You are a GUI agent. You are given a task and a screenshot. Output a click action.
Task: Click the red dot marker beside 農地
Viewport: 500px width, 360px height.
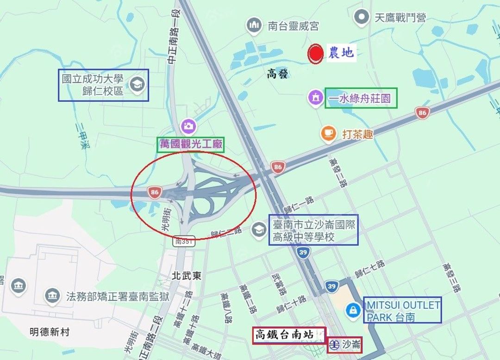316,53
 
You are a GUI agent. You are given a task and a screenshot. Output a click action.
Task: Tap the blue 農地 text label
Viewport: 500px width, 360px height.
341,53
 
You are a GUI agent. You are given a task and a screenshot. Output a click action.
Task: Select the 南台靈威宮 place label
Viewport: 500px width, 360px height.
293,25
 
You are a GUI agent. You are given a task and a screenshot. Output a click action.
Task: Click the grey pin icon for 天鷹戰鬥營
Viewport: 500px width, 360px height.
361,18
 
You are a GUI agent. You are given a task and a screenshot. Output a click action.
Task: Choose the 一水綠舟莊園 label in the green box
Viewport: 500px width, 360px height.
361,98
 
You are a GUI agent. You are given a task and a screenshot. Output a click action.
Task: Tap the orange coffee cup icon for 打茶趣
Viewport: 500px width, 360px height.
328,133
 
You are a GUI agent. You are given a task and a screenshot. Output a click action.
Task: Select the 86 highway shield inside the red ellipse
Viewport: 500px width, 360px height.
155,192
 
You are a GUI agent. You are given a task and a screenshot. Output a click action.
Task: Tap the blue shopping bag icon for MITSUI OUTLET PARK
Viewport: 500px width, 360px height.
353,310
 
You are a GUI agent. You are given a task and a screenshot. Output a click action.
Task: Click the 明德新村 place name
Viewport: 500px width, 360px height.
49,332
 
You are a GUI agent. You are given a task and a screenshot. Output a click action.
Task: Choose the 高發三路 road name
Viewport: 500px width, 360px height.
451,278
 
